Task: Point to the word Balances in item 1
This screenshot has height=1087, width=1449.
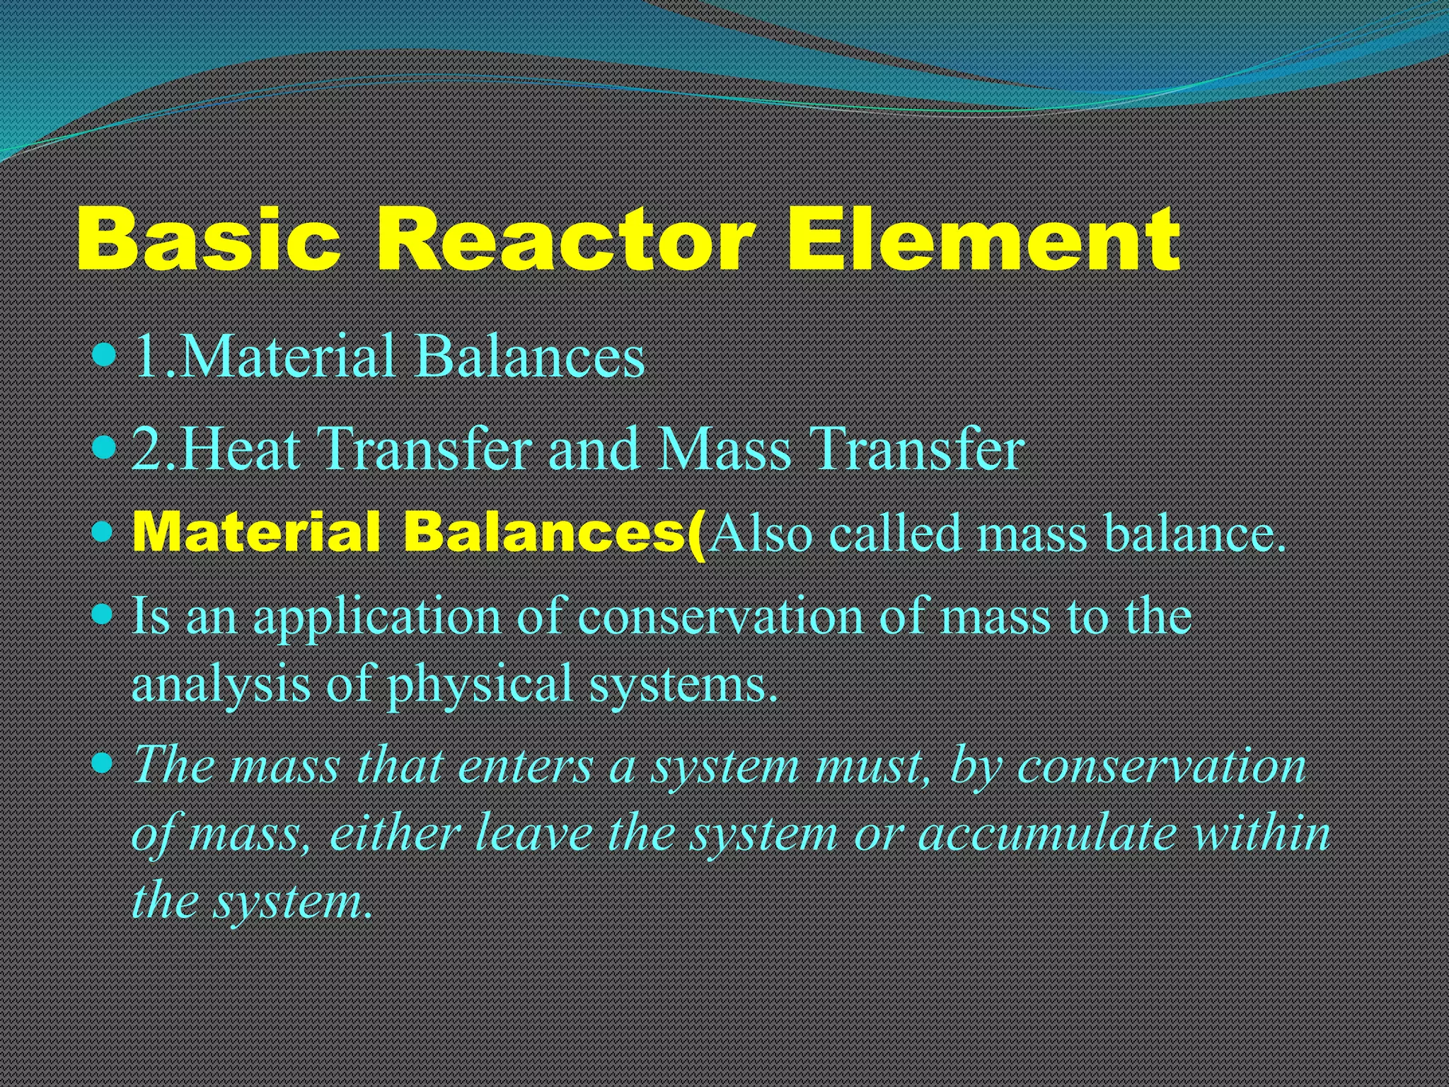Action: coord(530,356)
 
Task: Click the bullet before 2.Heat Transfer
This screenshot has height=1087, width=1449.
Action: coord(103,447)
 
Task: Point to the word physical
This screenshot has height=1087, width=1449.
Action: coord(480,685)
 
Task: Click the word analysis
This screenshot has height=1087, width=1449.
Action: coord(221,685)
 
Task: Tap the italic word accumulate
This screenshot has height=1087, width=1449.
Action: coord(1047,834)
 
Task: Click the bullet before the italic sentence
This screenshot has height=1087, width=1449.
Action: coord(103,763)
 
